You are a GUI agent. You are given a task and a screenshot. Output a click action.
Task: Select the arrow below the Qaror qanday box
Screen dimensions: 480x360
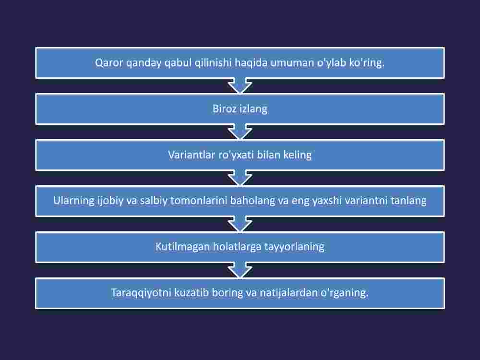[240, 86]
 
